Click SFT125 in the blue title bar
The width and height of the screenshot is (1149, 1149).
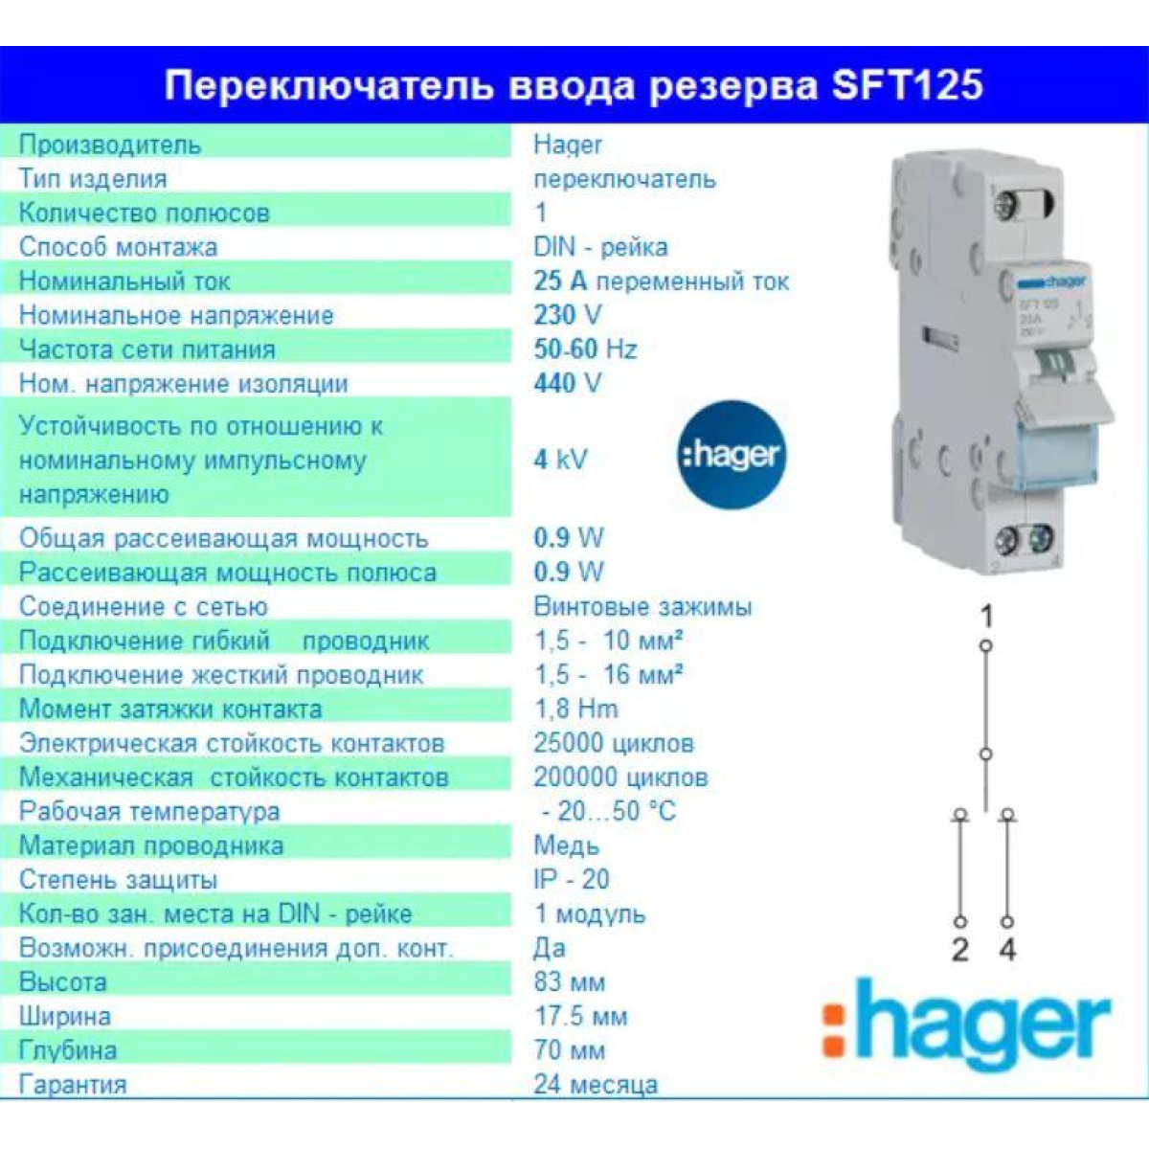[907, 85]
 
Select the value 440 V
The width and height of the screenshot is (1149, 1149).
[567, 383]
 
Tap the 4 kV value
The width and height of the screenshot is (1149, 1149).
[560, 460]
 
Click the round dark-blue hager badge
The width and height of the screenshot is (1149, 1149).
[732, 455]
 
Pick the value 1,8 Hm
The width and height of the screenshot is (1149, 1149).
[575, 709]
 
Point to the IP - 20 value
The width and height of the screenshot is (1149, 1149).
[572, 880]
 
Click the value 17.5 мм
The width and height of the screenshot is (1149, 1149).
[580, 1016]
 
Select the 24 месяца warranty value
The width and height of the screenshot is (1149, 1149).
[595, 1085]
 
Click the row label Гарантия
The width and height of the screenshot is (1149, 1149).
[73, 1085]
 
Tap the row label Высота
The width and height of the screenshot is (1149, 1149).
[62, 982]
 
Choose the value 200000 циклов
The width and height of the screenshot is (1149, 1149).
[620, 777]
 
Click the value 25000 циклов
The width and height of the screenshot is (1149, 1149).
[614, 743]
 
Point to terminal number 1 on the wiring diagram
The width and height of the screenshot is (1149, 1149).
[987, 616]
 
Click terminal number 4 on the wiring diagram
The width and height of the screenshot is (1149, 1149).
[1007, 949]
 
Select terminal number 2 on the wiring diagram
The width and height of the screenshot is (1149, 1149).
[960, 949]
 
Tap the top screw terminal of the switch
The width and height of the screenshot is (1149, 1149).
[1007, 206]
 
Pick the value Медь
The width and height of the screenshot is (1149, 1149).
[566, 845]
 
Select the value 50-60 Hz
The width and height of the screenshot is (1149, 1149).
[585, 349]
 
